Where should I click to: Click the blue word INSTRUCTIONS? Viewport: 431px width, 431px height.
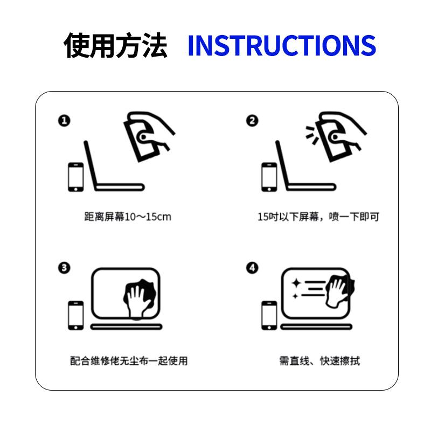(x=282, y=45)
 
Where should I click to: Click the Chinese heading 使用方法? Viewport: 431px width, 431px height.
(x=115, y=45)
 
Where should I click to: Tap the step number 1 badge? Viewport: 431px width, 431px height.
(x=64, y=121)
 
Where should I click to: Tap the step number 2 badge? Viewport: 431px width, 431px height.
(x=252, y=121)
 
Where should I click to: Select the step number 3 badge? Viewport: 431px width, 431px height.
(x=64, y=268)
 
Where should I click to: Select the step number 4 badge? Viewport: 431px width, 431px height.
(x=252, y=268)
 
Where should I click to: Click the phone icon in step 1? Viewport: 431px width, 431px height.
(x=76, y=177)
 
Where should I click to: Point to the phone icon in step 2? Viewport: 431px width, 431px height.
(x=269, y=177)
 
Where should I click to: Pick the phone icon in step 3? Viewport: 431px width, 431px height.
(x=76, y=316)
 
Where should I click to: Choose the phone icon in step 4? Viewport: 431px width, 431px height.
(x=269, y=316)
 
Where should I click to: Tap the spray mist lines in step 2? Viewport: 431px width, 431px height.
(x=312, y=135)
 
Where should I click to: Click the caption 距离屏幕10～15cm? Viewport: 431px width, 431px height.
(x=128, y=217)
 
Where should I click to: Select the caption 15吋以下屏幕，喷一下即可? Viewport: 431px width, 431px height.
(x=318, y=217)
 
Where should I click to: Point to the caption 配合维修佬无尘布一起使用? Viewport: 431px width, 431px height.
(x=129, y=361)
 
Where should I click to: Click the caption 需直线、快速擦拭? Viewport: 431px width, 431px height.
(x=319, y=361)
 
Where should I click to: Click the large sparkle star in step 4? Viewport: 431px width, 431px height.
(x=296, y=283)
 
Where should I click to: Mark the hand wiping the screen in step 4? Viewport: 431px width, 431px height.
(x=339, y=291)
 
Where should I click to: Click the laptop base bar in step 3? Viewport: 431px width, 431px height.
(x=126, y=327)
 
